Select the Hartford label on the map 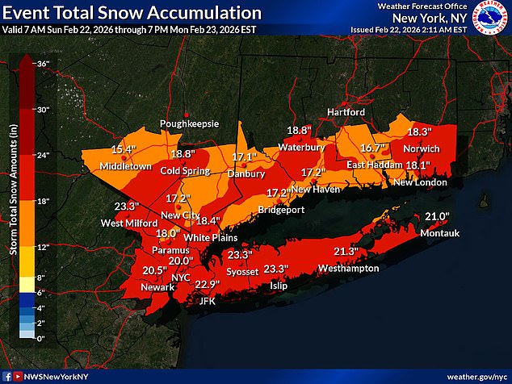[346, 111]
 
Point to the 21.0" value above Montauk [435, 216]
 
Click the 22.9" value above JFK [207, 284]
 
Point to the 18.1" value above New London [417, 165]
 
